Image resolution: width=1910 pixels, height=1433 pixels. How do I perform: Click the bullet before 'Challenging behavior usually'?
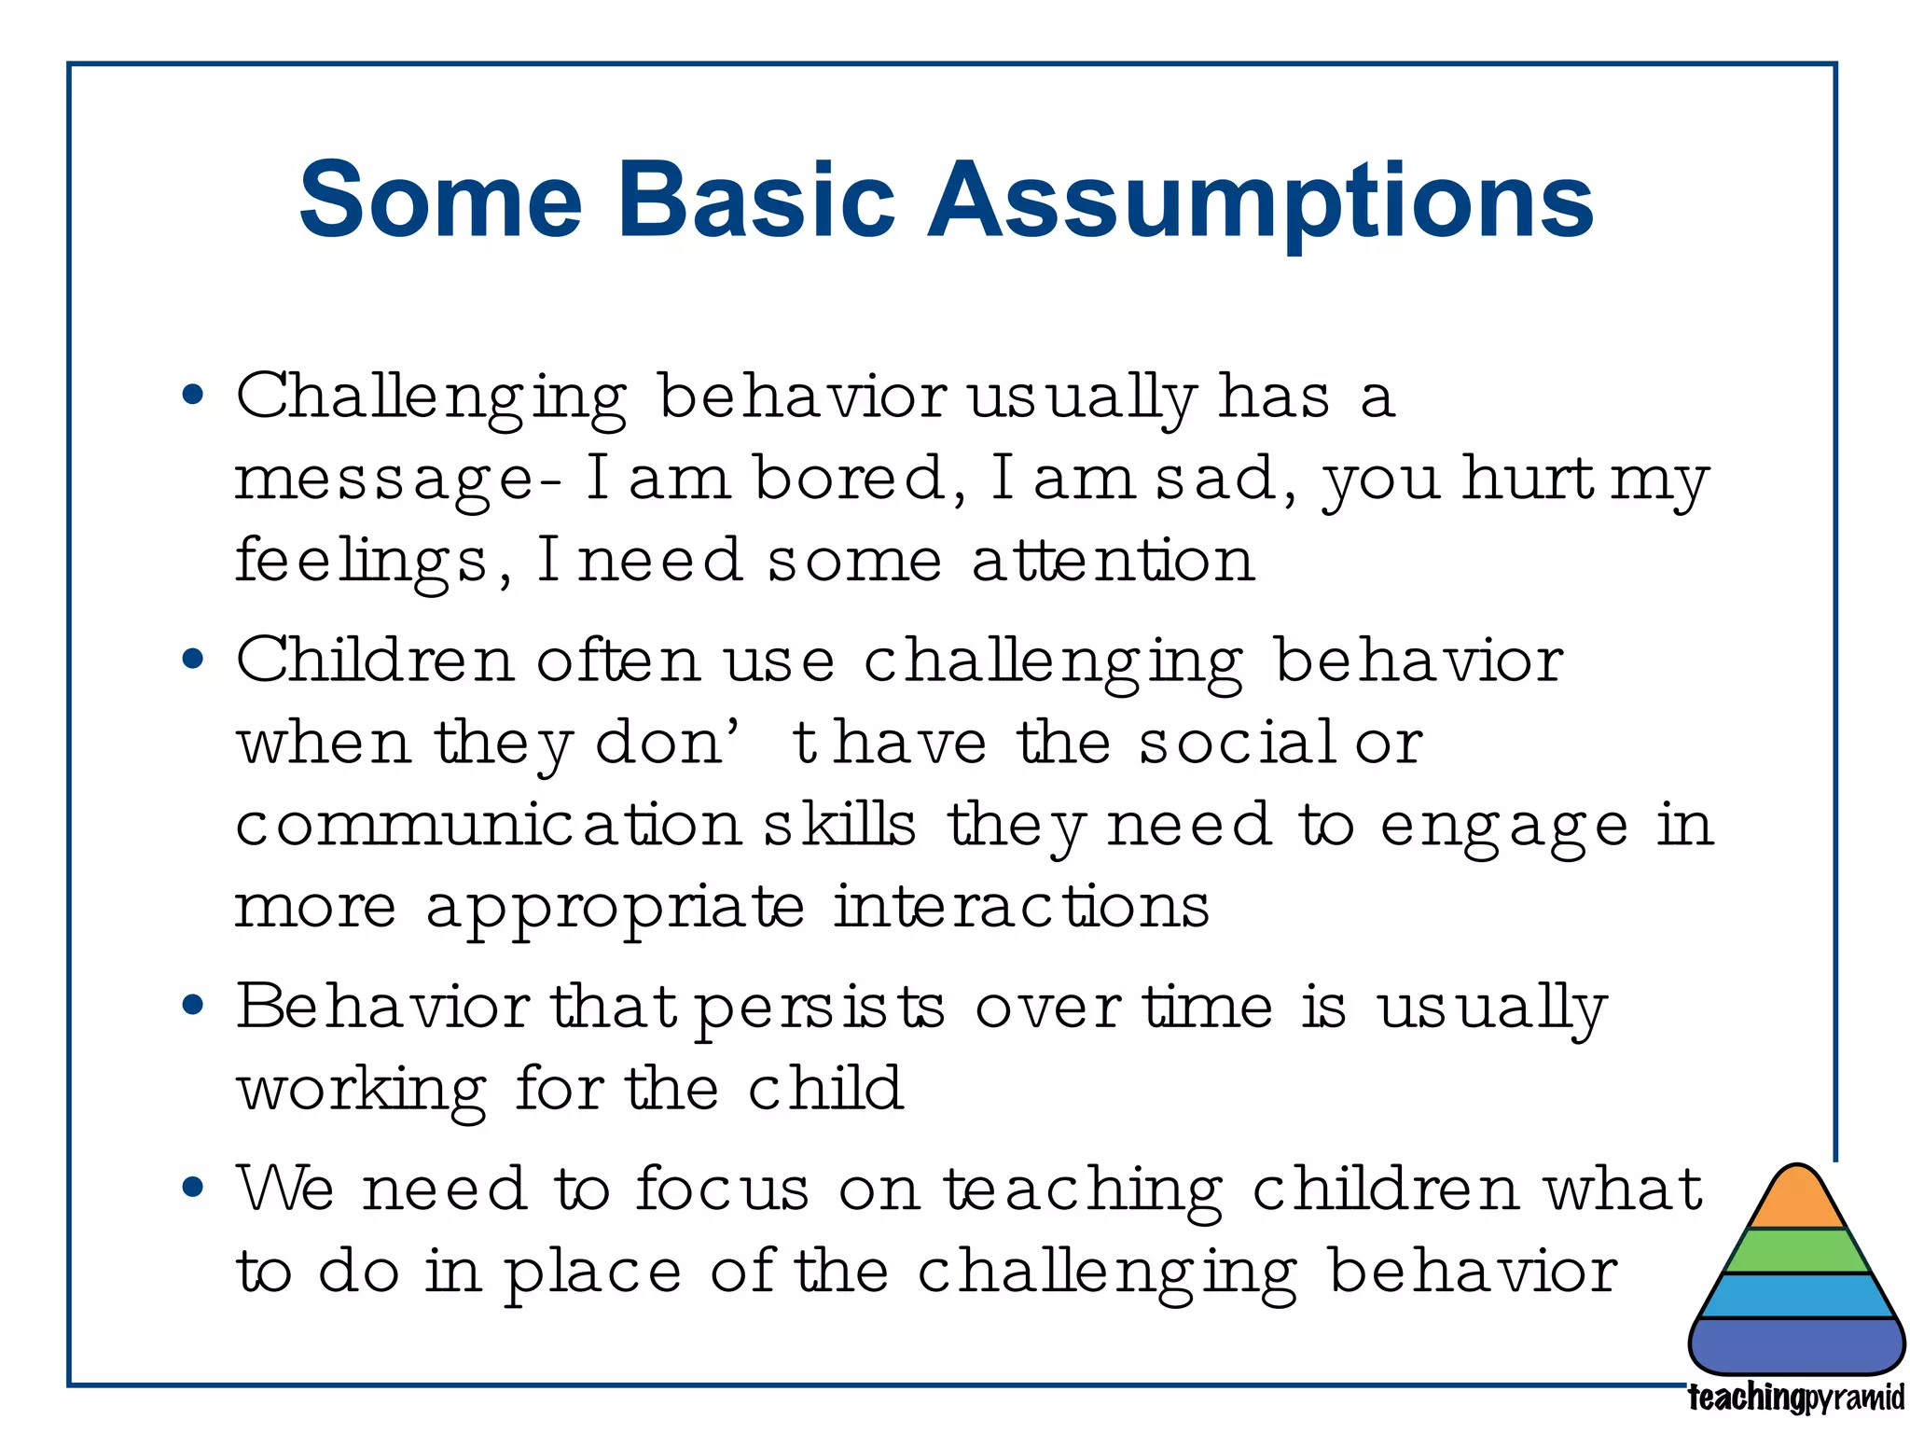click(193, 396)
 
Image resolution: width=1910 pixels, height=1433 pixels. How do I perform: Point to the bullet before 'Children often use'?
click(193, 660)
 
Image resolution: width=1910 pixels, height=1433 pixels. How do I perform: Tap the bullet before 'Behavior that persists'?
click(193, 1007)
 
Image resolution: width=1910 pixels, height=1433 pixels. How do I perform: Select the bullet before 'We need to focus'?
click(193, 1188)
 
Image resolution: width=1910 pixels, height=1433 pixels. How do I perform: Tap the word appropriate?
click(616, 908)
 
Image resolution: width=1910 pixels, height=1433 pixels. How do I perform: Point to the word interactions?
click(1021, 907)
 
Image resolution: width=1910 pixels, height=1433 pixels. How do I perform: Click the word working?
click(361, 1090)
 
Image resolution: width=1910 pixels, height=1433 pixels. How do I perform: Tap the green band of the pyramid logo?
click(1796, 1251)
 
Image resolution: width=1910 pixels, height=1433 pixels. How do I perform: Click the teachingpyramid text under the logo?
click(1796, 1398)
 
